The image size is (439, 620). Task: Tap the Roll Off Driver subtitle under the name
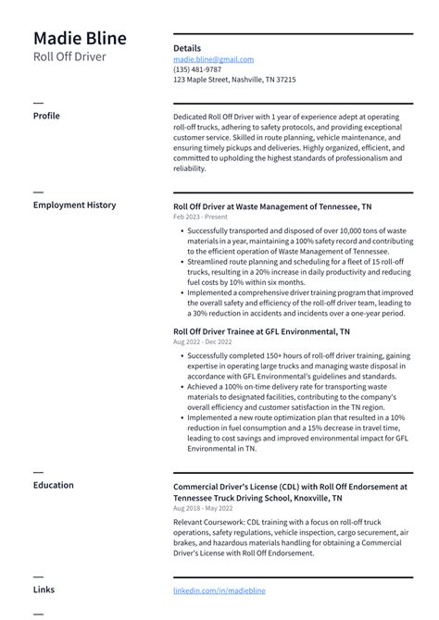coord(69,57)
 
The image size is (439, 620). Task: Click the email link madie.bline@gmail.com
coord(213,59)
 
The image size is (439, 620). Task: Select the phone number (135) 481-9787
coord(197,69)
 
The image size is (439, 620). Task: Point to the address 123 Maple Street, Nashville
coord(234,80)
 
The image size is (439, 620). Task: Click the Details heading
coord(187,48)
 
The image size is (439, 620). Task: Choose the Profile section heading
coord(46,116)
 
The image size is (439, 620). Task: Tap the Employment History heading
coord(74,205)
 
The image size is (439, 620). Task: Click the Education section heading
coord(54,484)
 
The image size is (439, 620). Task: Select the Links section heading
coord(44,589)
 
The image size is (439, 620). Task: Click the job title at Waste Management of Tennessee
coord(272,206)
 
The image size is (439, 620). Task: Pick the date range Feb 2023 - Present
coord(200,217)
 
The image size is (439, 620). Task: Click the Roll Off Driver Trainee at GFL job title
coord(261,330)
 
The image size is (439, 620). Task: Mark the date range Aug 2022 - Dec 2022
coord(202,341)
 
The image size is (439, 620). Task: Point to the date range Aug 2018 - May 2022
coord(203,508)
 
